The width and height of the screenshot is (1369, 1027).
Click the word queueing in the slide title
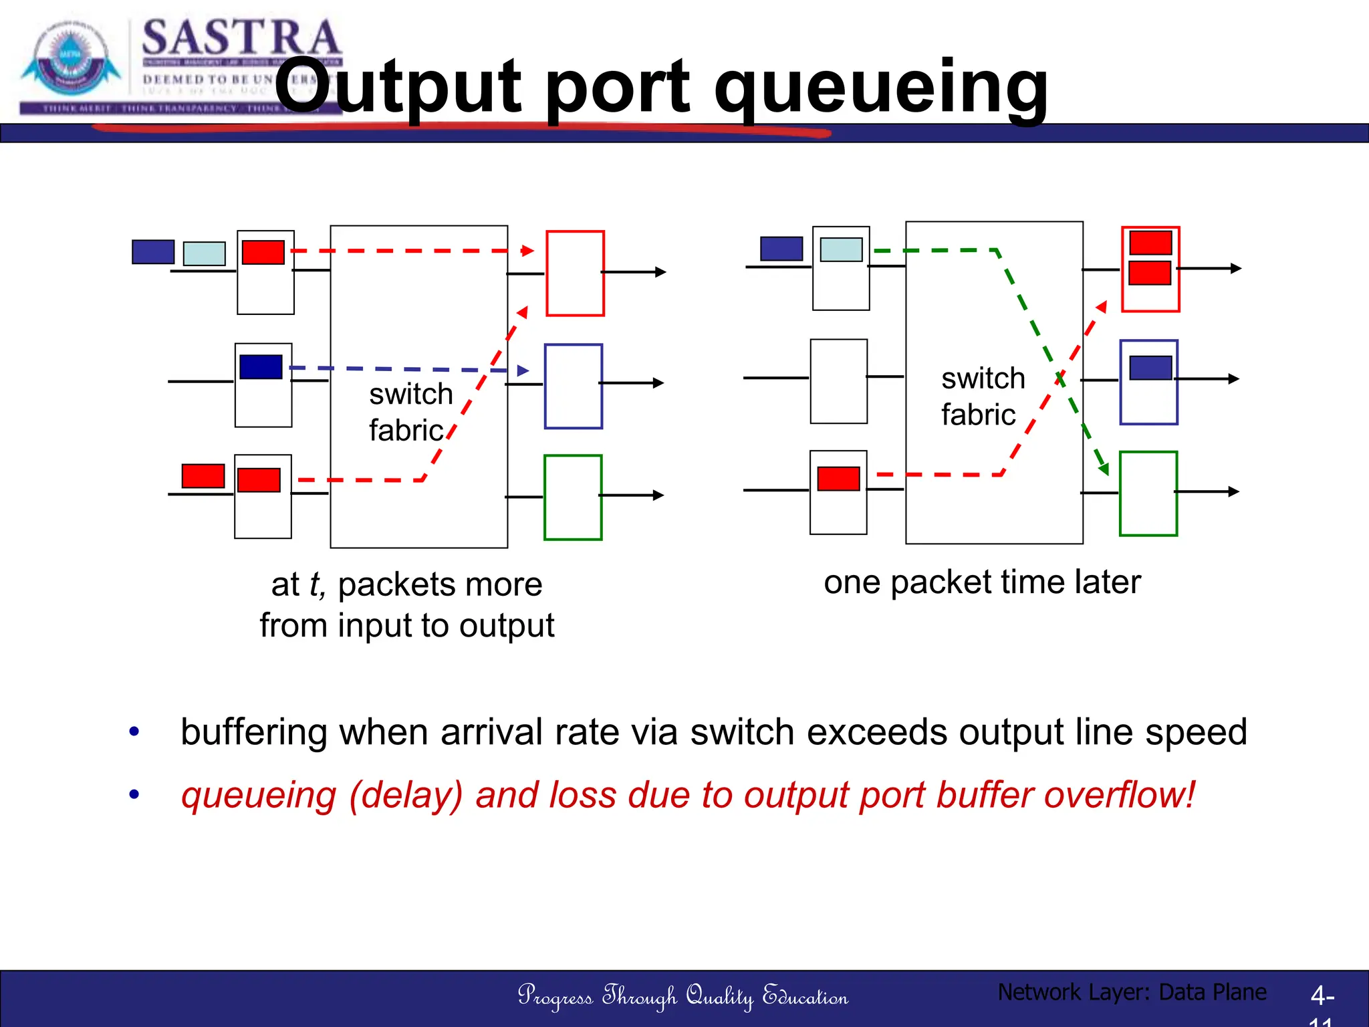point(881,87)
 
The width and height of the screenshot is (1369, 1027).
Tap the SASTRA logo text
point(241,38)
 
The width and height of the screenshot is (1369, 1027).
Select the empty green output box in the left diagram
point(573,497)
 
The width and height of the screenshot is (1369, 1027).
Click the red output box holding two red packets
point(1150,269)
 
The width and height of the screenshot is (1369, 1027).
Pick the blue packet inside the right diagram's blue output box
point(1150,368)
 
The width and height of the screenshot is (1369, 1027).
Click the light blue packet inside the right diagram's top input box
point(841,249)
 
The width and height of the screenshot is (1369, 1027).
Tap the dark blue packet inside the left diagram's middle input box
point(261,367)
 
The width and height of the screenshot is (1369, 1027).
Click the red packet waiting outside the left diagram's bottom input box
point(203,476)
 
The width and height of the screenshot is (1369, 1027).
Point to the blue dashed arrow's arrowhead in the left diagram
point(523,370)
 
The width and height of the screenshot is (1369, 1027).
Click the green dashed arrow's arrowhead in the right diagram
point(1104,469)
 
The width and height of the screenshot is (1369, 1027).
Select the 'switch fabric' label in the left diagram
point(410,412)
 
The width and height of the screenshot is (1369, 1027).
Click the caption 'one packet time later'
point(982,582)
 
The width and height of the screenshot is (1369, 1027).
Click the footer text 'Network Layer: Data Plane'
point(1132,992)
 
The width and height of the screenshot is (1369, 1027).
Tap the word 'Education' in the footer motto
point(805,996)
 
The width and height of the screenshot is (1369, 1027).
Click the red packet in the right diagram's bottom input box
point(838,479)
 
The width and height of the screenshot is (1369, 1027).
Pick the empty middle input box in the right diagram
point(838,381)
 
